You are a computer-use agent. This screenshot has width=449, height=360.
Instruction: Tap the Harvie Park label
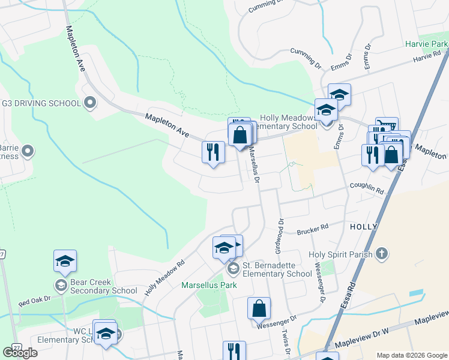pyautogui.click(x=426, y=44)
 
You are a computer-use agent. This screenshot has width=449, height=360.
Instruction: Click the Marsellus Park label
pyautogui.click(x=209, y=285)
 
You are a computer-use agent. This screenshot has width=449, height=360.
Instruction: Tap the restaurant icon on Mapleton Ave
pyautogui.click(x=213, y=152)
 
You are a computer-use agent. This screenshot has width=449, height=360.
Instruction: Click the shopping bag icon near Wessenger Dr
pyautogui.click(x=259, y=309)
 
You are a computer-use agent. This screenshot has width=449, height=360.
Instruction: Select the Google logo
pyautogui.click(x=20, y=353)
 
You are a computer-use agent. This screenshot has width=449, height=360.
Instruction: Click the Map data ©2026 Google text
pyautogui.click(x=412, y=355)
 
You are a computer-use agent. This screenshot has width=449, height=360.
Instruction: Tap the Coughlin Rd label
pyautogui.click(x=367, y=188)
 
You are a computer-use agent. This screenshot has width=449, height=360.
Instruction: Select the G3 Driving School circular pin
pyautogui.click(x=90, y=103)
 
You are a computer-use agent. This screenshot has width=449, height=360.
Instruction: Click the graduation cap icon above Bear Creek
pyautogui.click(x=65, y=261)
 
